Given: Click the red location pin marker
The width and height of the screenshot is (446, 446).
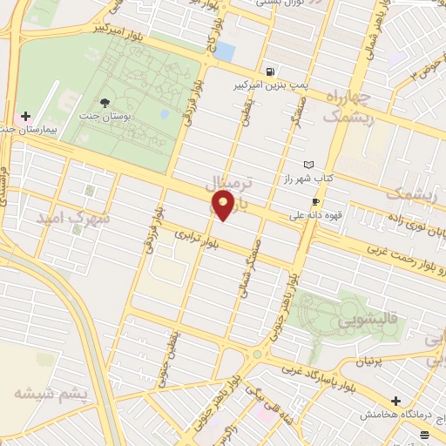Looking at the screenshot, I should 223,206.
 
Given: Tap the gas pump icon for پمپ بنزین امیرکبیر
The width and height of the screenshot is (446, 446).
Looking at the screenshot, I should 274,72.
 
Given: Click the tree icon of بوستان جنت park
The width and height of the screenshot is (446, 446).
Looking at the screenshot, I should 105,104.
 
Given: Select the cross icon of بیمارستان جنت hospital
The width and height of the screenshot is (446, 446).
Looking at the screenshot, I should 26,117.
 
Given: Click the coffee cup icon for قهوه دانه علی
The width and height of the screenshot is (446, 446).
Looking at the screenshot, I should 315,201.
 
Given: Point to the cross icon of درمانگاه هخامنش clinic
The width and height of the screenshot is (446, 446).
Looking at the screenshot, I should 396,402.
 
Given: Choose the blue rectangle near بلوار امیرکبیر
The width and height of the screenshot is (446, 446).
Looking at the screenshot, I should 224,51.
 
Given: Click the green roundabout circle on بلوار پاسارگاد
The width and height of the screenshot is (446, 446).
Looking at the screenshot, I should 257,355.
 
